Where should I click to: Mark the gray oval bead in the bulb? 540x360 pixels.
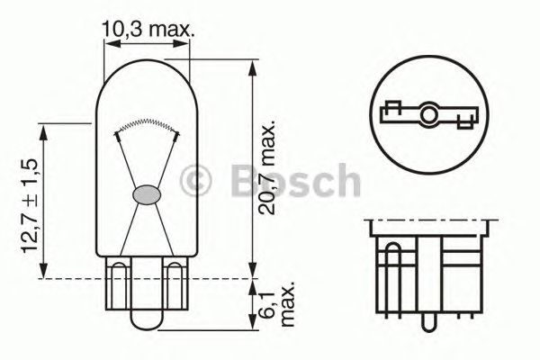(x=147, y=193)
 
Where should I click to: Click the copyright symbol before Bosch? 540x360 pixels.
(x=196, y=182)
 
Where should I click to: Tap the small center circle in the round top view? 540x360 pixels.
(x=430, y=114)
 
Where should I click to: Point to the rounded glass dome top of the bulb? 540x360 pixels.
(x=147, y=76)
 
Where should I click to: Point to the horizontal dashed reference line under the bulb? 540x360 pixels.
(x=207, y=279)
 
